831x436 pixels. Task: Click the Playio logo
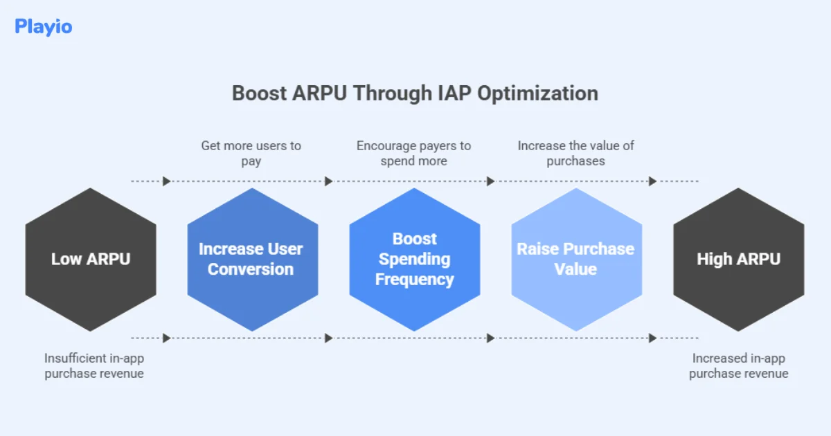click(x=43, y=27)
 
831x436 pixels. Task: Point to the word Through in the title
click(x=385, y=93)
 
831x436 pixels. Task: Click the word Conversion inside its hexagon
click(x=251, y=269)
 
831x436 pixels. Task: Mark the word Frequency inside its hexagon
click(x=415, y=280)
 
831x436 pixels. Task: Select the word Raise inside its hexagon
click(x=538, y=249)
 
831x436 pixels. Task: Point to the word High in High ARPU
click(x=714, y=260)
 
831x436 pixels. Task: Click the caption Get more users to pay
click(x=251, y=153)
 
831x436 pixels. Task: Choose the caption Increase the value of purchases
click(x=576, y=153)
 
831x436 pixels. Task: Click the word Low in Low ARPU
click(x=66, y=260)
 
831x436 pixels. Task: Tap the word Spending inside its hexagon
click(x=415, y=260)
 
